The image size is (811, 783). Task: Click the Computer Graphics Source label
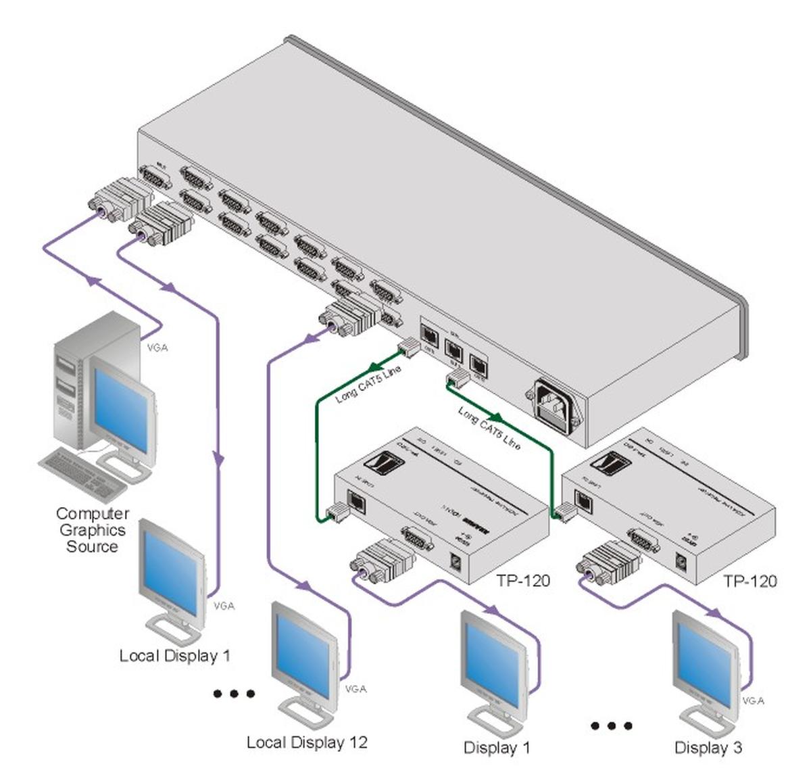(x=92, y=530)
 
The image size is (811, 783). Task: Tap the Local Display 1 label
(x=174, y=655)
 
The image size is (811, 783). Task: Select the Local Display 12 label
(x=307, y=742)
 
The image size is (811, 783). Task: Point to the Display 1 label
(x=497, y=747)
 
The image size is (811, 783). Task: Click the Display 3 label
(x=708, y=747)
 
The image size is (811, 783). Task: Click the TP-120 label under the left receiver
(x=523, y=580)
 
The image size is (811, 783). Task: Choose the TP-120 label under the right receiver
(x=750, y=580)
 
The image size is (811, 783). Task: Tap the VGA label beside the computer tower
(x=157, y=348)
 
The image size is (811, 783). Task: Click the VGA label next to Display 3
(x=753, y=701)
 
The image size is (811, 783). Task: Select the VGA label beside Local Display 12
(x=355, y=689)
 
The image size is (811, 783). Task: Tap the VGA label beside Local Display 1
(x=224, y=606)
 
